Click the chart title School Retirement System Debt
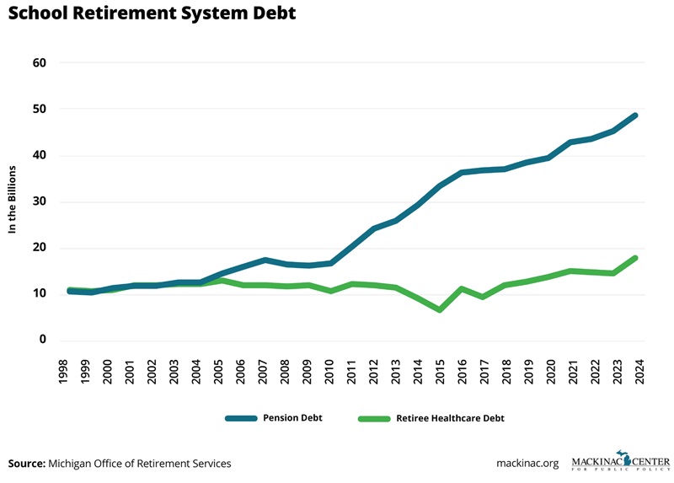click(x=152, y=15)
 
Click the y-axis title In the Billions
click(x=14, y=201)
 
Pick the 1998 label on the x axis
click(x=64, y=372)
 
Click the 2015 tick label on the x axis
click(x=440, y=372)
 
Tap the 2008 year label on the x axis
click(x=285, y=372)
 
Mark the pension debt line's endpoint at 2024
click(x=634, y=115)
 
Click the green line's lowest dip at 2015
click(x=440, y=309)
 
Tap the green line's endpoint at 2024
click(x=634, y=258)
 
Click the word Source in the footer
click(x=26, y=464)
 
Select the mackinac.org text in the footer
click(x=527, y=464)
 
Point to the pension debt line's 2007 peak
click(x=264, y=260)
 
